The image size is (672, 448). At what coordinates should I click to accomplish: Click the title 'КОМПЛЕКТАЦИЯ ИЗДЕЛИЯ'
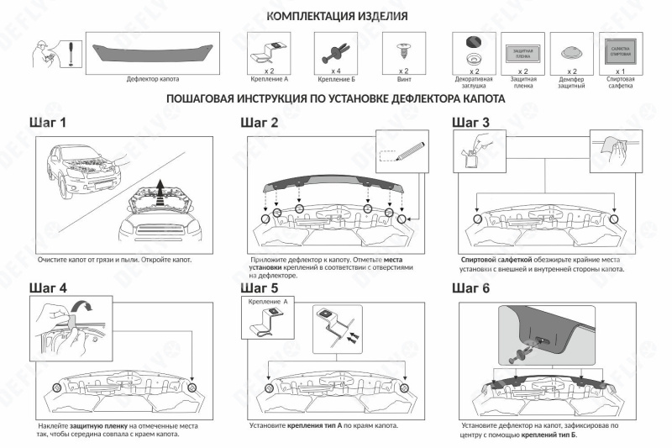tap(337, 16)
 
